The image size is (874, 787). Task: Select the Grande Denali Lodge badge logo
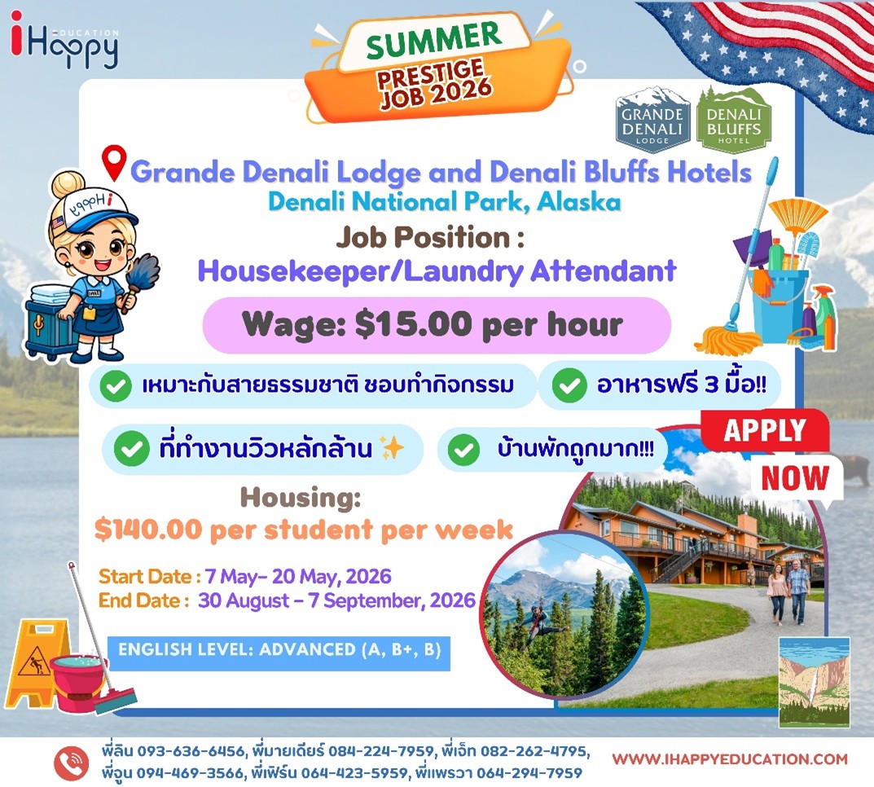(x=652, y=120)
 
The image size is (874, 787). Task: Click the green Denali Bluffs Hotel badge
(x=734, y=120)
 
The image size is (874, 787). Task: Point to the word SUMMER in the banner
(x=433, y=40)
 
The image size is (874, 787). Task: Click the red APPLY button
(x=765, y=430)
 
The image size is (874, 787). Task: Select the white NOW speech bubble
(x=796, y=478)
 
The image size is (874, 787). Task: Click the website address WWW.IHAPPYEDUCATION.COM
(x=730, y=759)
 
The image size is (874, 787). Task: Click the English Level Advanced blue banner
(x=279, y=652)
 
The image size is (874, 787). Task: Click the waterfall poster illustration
(x=814, y=682)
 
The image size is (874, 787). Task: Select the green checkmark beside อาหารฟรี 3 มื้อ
(x=569, y=385)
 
